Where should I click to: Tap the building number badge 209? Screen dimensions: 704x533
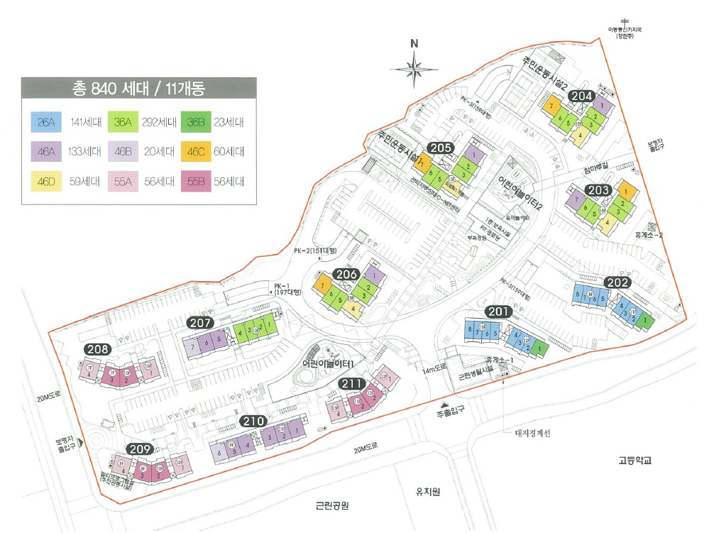140,449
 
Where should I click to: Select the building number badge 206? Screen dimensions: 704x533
346,275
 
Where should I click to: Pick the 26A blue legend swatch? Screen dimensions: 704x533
47,122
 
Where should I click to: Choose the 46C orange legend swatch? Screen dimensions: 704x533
196,151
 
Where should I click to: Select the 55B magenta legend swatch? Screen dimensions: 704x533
196,181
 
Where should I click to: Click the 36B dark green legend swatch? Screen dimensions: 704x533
196,122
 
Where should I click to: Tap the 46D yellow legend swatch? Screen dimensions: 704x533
47,181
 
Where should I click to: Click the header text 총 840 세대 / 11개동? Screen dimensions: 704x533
138,89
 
